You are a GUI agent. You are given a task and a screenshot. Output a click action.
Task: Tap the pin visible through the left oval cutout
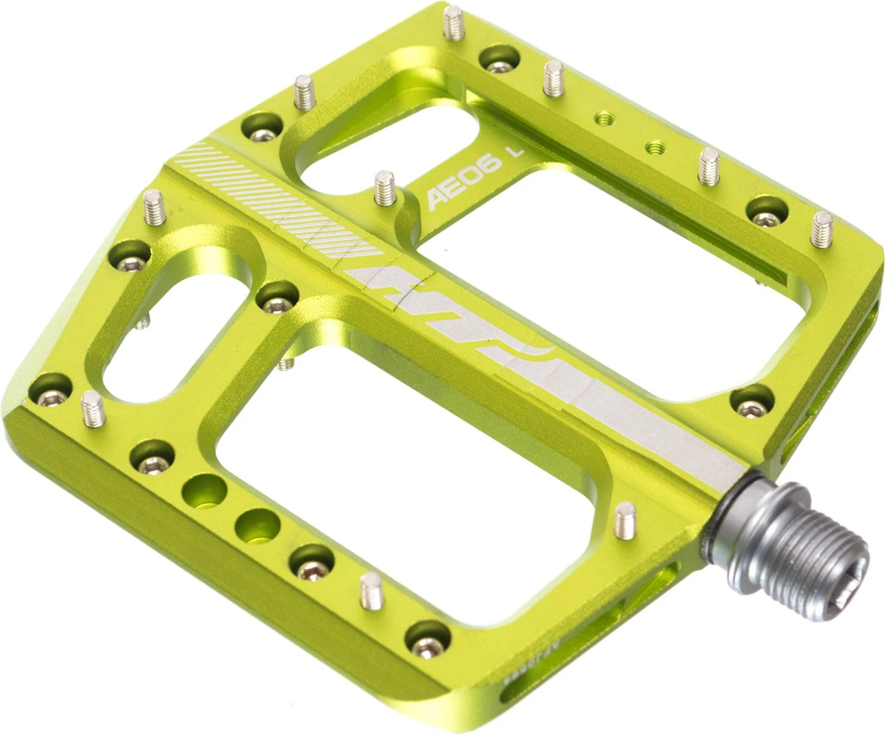tap(142, 322)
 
